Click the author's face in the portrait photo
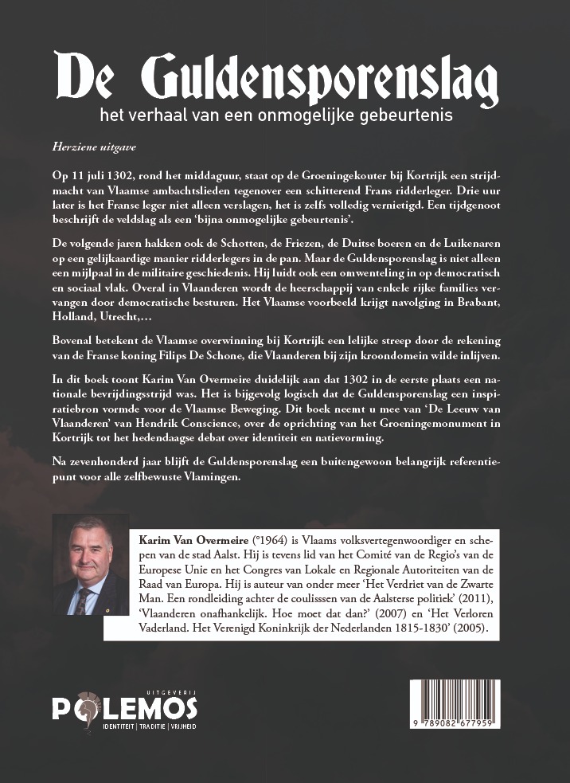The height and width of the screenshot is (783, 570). [89, 550]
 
